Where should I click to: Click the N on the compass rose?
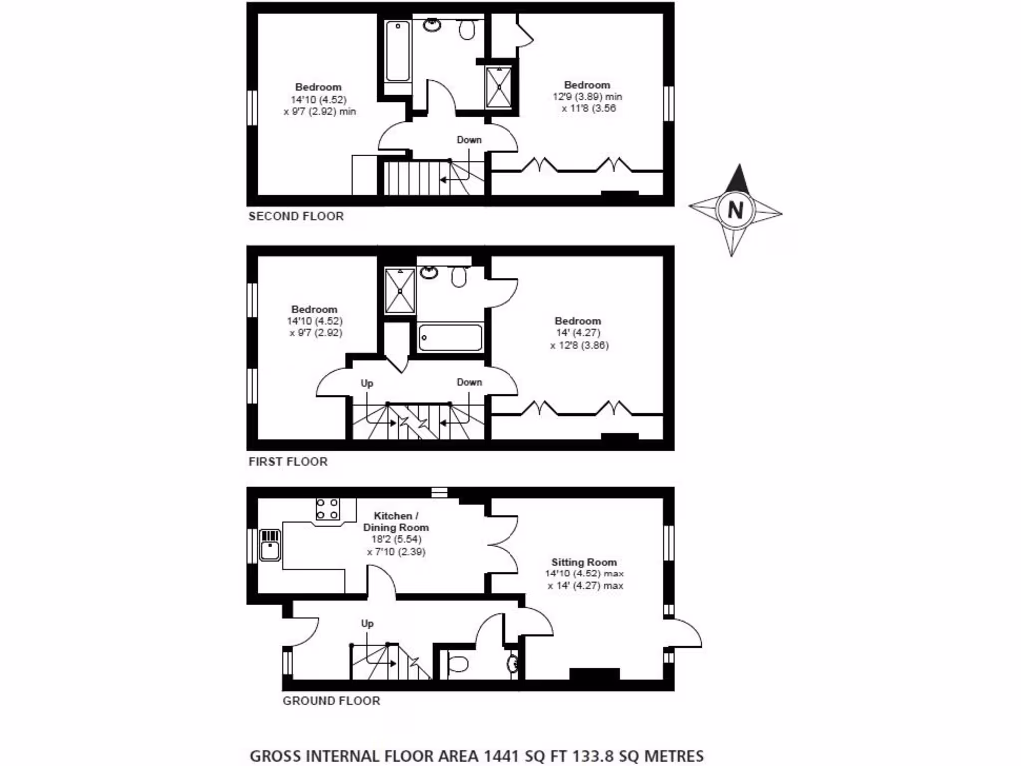pos(736,210)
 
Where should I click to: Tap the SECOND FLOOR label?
pos(295,216)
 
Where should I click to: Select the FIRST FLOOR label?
pos(287,462)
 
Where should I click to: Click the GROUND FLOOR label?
pos(331,701)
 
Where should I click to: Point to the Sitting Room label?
pos(588,562)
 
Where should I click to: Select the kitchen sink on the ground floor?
pos(270,546)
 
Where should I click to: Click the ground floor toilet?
pos(460,662)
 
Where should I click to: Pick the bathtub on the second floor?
pos(397,51)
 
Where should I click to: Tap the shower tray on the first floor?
pos(400,288)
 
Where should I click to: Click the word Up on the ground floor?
pos(367,624)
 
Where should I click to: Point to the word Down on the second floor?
pos(469,140)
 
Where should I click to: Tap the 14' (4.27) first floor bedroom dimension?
pos(578,333)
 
